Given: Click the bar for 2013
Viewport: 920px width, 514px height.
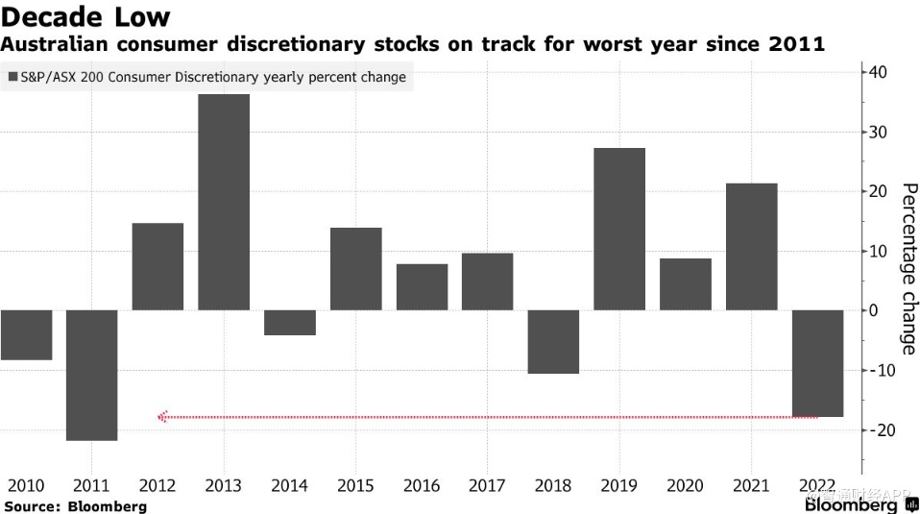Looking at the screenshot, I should (x=224, y=202).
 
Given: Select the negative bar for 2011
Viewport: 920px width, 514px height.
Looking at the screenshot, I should (x=92, y=375).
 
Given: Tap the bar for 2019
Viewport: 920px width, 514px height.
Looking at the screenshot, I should (x=619, y=229).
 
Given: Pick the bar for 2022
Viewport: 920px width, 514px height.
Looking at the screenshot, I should (x=817, y=363).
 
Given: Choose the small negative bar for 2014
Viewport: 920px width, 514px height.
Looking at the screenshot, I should (x=290, y=322).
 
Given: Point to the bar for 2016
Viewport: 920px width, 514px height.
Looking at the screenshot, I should (x=422, y=286).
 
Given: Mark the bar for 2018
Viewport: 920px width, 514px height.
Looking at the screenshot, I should (x=553, y=341).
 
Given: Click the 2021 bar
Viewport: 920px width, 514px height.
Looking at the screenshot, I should (x=751, y=246).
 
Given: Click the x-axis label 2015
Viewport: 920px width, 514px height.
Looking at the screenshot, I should (x=355, y=486).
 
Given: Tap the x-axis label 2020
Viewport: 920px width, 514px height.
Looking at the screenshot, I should (x=685, y=486).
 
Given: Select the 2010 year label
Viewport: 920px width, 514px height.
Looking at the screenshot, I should (x=26, y=486).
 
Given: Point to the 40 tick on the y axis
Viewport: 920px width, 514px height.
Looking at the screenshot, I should (x=879, y=72).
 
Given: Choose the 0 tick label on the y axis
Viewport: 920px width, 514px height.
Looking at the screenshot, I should (x=874, y=310).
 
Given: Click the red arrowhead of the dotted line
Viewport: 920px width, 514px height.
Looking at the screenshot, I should (x=162, y=417).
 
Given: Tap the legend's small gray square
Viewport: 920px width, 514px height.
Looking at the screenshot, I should (x=12, y=77).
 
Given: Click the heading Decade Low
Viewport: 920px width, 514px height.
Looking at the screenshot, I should (x=85, y=16).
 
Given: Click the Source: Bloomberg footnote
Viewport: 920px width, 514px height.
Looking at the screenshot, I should (x=75, y=505).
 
